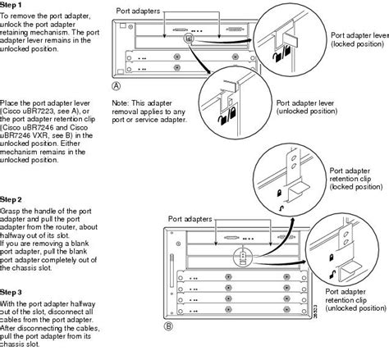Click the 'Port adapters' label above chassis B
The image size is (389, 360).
(190, 219)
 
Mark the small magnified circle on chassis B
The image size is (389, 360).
(243, 256)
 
